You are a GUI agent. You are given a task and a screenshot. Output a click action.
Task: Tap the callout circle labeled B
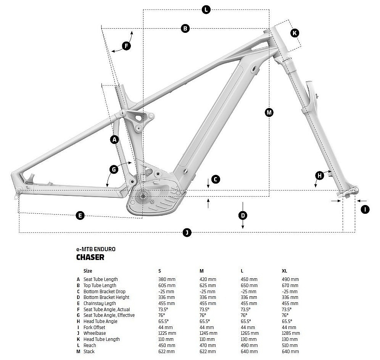pyautogui.click(x=185, y=28)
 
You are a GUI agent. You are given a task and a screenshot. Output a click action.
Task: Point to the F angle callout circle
pyautogui.click(x=126, y=47)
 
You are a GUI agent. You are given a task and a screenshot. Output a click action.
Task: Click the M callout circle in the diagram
pyautogui.click(x=269, y=112)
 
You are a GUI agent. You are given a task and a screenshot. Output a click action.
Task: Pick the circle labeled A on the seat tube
pyautogui.click(x=114, y=140)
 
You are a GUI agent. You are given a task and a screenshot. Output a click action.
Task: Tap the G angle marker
pyautogui.click(x=113, y=169)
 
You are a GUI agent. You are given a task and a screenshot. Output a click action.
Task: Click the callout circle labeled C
pyautogui.click(x=216, y=179)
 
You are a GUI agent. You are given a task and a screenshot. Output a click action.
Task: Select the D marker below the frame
pyautogui.click(x=243, y=216)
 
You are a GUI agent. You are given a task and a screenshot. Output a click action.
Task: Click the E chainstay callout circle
pyautogui.click(x=80, y=216)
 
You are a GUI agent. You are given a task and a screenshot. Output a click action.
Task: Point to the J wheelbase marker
pyautogui.click(x=186, y=232)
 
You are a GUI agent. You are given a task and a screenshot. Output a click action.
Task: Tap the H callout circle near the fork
pyautogui.click(x=319, y=176)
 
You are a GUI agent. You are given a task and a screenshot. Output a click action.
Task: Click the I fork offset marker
pyautogui.click(x=365, y=209)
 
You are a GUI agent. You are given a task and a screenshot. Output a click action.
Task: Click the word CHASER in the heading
pyautogui.click(x=90, y=257)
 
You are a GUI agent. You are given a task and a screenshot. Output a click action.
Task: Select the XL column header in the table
pyautogui.click(x=284, y=271)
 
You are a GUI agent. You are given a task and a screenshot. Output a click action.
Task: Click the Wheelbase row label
pyautogui.click(x=94, y=333)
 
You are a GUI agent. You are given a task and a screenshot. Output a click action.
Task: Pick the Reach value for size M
pyautogui.click(x=208, y=345)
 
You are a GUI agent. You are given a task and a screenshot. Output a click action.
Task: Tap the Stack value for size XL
pyautogui.click(x=290, y=351)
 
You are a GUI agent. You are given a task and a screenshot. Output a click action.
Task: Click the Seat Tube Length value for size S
pyautogui.click(x=166, y=279)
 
